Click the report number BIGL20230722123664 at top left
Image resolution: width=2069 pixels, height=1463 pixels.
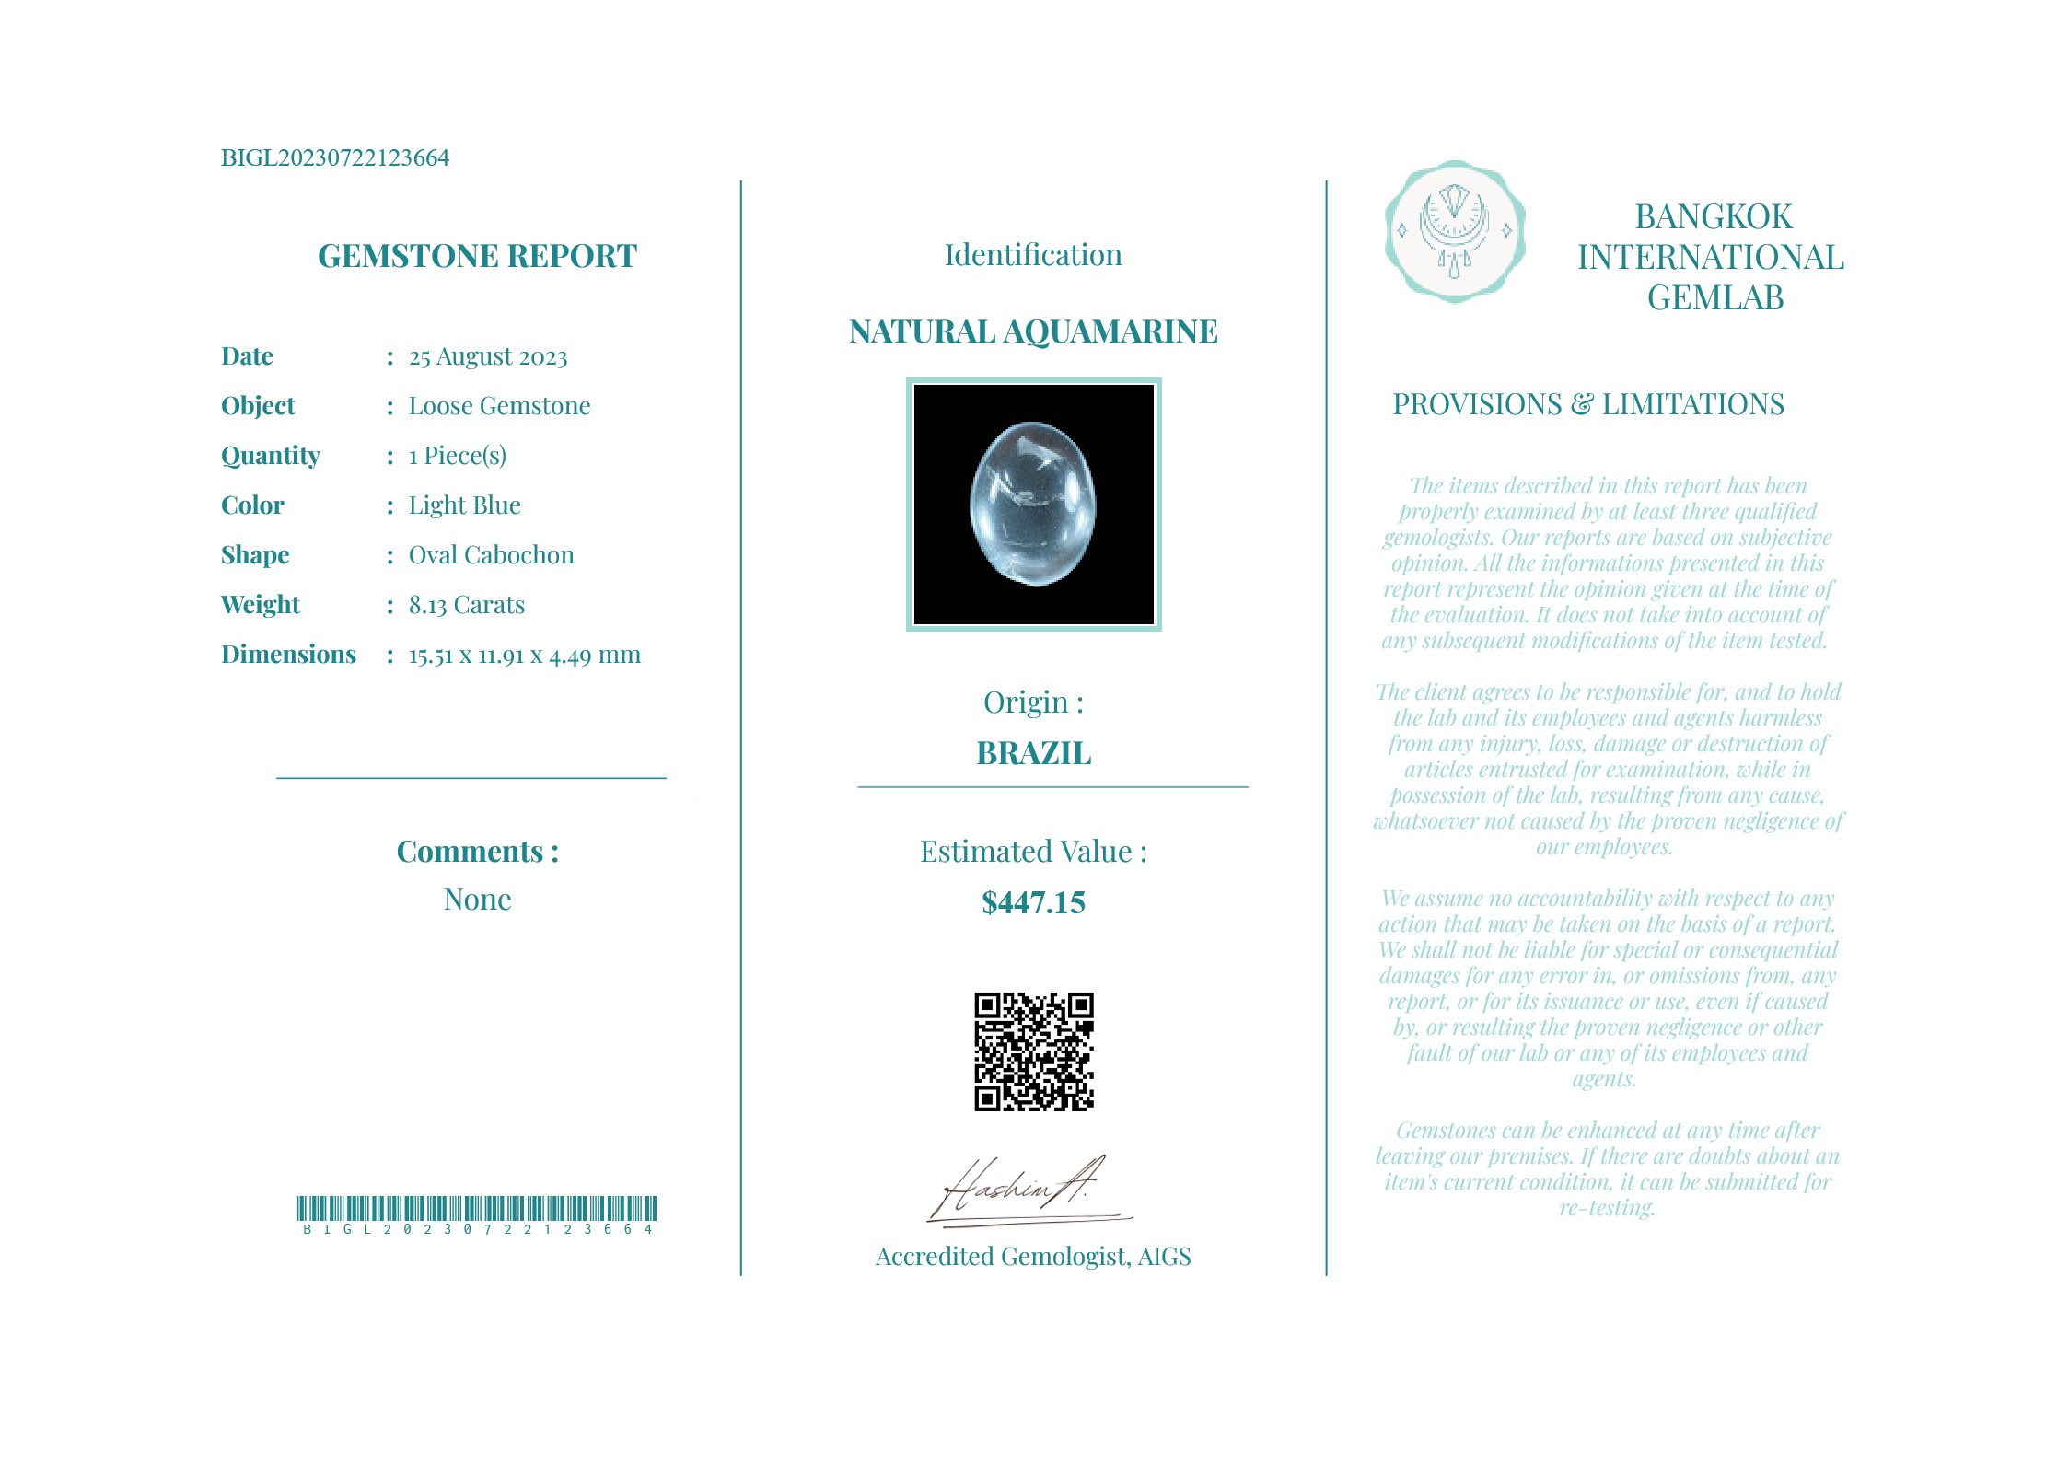334,157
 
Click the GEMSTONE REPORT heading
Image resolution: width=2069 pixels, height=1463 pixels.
477,256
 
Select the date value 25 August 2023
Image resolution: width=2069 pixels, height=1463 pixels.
488,356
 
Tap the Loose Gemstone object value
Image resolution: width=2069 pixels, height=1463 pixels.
499,406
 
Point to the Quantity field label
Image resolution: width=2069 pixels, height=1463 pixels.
271,456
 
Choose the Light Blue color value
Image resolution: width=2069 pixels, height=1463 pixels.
464,505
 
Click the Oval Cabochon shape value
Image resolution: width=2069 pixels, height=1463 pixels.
491,555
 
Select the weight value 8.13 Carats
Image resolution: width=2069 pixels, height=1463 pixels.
466,605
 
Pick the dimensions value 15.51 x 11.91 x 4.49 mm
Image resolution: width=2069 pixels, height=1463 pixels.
524,655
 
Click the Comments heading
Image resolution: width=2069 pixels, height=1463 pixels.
477,852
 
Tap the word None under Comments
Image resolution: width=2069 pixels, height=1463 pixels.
477,900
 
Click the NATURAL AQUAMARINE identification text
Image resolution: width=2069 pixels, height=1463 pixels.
1033,331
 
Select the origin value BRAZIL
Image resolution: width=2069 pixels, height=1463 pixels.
1033,753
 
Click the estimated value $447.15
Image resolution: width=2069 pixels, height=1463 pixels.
1033,903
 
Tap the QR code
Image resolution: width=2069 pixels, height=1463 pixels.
1033,1051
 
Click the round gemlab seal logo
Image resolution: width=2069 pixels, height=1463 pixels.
1455,231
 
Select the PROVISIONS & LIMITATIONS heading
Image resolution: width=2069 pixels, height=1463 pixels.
1587,404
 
